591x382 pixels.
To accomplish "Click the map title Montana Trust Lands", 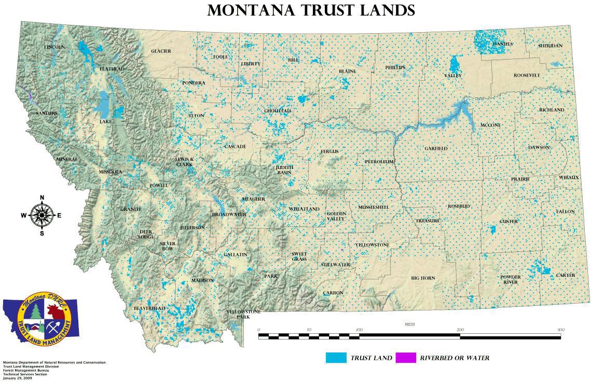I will pos(311,10).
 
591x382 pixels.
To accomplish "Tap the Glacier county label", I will pos(161,51).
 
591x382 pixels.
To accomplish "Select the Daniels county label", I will pos(502,44).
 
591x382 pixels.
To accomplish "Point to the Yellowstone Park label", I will pos(243,314).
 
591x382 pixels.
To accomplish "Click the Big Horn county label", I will pos(423,278).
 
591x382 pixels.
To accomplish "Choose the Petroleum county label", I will pos(379,162).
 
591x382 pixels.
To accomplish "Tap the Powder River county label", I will pos(510,280).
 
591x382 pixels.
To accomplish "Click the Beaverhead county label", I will pos(149,308).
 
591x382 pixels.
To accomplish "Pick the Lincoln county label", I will pos(54,47).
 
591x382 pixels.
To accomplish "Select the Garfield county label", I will pos(436,148).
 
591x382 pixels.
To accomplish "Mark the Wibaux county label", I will pos(569,177).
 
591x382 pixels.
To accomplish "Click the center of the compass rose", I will pos(42,215).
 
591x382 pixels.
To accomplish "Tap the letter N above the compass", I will pos(42,197).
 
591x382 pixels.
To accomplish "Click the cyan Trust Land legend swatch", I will pos(336,358).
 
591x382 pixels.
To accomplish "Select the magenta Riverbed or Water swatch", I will pos(406,358).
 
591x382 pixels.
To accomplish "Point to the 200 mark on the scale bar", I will pos(460,330).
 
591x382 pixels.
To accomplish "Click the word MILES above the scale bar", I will pos(409,324).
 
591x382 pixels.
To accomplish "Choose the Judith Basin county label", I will pos(284,170).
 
